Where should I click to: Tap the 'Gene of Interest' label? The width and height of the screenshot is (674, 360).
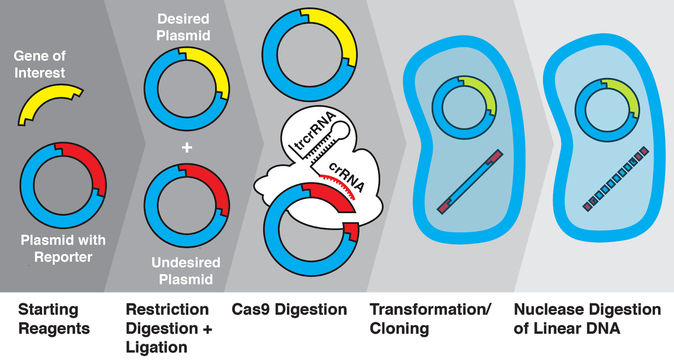(x=40, y=64)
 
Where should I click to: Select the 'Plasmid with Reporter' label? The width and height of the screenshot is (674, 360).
(x=63, y=248)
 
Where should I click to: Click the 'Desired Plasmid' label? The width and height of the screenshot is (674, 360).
(x=183, y=27)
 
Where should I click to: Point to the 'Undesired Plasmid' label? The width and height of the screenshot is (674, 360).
(x=186, y=271)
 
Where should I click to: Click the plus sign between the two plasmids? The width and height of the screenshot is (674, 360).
(x=187, y=147)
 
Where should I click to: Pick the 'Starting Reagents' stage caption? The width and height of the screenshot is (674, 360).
(x=54, y=319)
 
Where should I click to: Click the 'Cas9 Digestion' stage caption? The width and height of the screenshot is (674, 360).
(x=289, y=309)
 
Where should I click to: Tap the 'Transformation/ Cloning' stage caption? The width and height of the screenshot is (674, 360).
(x=430, y=319)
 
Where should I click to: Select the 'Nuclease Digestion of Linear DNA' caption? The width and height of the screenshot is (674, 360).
(x=587, y=319)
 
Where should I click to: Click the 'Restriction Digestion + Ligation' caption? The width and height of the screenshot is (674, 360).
(x=168, y=328)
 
